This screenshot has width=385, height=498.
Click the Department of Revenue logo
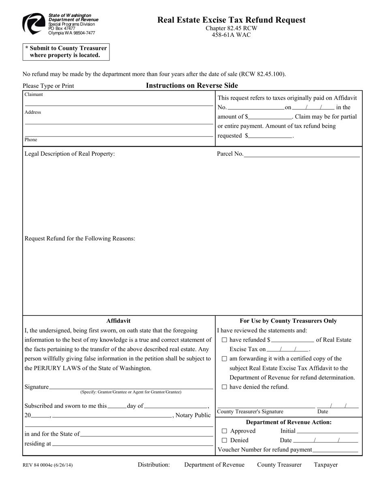point(34,23)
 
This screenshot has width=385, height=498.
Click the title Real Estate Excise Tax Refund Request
point(231,20)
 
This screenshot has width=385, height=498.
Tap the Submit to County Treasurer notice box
point(66,52)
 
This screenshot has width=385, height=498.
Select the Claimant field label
point(34,94)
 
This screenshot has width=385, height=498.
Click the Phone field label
point(31,140)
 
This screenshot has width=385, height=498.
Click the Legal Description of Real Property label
point(70,154)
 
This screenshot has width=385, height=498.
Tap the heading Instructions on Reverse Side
point(192,85)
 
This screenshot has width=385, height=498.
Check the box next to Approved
point(225,431)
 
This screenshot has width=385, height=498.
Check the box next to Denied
point(225,441)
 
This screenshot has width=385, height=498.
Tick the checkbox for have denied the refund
point(225,387)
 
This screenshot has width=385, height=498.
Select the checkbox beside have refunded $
point(225,340)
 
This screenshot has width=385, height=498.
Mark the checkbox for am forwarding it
point(225,359)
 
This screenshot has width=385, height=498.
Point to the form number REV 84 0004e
point(48,465)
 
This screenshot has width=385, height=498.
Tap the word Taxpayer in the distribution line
point(325,465)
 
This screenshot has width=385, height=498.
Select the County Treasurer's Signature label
point(250,412)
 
